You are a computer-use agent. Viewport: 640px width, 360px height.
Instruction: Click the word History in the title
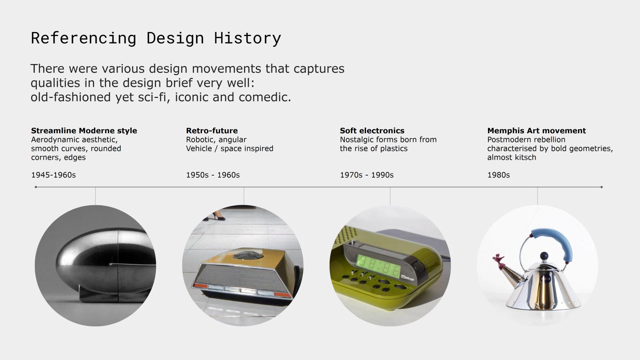[248, 38]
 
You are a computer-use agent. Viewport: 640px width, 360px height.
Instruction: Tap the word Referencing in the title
[84, 38]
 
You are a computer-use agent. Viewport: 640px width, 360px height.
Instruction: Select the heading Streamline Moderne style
[84, 130]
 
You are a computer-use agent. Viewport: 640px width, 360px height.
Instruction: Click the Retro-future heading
[212, 130]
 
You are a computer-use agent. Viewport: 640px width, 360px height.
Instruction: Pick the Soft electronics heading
[372, 130]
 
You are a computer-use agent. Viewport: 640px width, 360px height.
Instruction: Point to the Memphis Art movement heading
[536, 130]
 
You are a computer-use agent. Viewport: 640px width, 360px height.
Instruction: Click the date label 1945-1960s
[54, 175]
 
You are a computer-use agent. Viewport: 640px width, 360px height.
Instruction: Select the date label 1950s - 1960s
[213, 175]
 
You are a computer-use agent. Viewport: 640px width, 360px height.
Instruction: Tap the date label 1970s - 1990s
[366, 175]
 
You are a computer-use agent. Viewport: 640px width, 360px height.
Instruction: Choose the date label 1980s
[498, 175]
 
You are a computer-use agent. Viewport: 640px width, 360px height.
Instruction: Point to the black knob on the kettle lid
[544, 256]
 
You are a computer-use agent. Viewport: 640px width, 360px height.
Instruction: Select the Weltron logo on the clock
[408, 278]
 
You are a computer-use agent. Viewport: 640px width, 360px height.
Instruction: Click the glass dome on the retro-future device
[248, 255]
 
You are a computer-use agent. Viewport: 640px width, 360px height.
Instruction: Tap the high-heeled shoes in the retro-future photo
[217, 215]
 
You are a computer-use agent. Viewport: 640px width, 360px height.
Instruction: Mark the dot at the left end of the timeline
[36, 187]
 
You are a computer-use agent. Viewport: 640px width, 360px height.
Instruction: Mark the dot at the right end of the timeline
[602, 187]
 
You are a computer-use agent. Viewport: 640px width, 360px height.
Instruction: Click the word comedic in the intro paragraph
[265, 97]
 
